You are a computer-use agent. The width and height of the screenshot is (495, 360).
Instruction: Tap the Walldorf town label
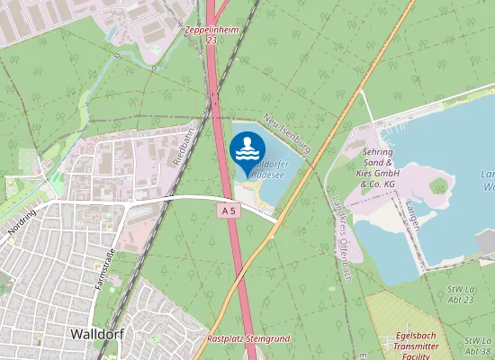pos(96,333)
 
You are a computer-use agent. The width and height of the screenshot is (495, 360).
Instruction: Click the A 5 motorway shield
pos(230,211)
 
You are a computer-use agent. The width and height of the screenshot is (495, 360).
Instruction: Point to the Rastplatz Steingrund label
pos(247,339)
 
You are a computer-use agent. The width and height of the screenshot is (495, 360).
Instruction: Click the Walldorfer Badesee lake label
pos(267,169)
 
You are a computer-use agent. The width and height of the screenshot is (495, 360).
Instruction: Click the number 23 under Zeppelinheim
pos(211,40)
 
